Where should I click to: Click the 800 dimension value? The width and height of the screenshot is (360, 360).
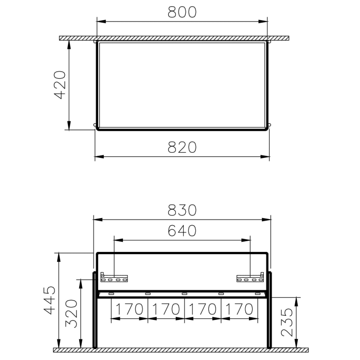(x=183, y=12)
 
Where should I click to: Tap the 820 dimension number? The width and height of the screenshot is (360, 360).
(x=183, y=147)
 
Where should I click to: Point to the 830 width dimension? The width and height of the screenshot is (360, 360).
(x=183, y=210)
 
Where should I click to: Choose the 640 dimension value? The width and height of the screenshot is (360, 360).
(x=183, y=231)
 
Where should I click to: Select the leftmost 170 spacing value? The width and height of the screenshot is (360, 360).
(x=130, y=309)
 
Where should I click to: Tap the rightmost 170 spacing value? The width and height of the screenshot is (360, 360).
(x=239, y=309)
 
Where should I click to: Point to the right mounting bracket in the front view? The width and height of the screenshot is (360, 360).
(x=250, y=278)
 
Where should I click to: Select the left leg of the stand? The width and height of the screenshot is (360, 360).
(x=94, y=311)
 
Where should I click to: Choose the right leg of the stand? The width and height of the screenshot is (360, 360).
(x=269, y=311)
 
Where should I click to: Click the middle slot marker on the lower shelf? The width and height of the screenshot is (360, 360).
(x=184, y=294)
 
